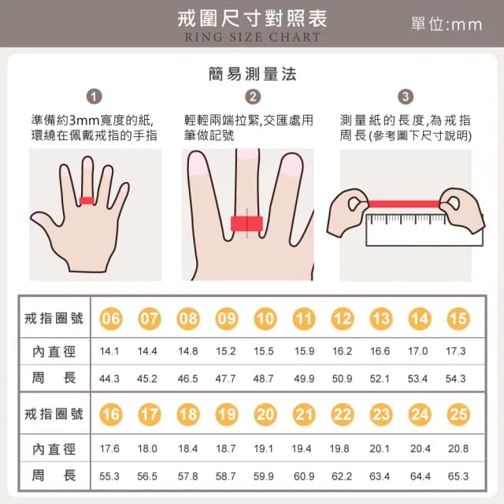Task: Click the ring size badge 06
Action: pyautogui.click(x=112, y=319)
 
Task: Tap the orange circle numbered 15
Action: pyautogui.click(x=458, y=319)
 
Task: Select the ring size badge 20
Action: pyautogui.click(x=265, y=415)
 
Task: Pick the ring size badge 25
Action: pyautogui.click(x=458, y=415)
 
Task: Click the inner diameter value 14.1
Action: pyautogui.click(x=110, y=350)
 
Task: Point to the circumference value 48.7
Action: pyautogui.click(x=264, y=379)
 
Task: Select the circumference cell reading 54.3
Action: pyautogui.click(x=456, y=379)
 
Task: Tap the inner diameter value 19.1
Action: pyautogui.click(x=264, y=448)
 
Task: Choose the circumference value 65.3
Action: pyautogui.click(x=458, y=476)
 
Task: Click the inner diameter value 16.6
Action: pyautogui.click(x=380, y=350)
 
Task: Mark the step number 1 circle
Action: pyautogui.click(x=94, y=97)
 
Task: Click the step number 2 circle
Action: pyautogui.click(x=253, y=97)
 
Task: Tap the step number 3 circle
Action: pyautogui.click(x=406, y=97)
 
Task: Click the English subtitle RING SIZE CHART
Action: pyautogui.click(x=253, y=37)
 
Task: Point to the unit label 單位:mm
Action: pyautogui.click(x=446, y=24)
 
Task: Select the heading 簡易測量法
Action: pyautogui.click(x=253, y=74)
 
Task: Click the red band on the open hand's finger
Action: pyautogui.click(x=87, y=200)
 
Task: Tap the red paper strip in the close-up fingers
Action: pyautogui.click(x=245, y=224)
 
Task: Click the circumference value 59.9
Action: pyautogui.click(x=264, y=476)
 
